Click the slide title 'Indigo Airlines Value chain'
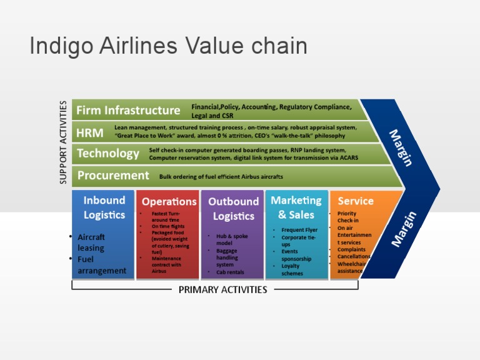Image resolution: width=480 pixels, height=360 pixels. point(169,46)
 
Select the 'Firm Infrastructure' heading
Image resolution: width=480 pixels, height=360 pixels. point(128,111)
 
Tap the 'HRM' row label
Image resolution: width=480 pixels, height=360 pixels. point(90,132)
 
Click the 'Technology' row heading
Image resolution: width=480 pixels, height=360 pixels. point(108,154)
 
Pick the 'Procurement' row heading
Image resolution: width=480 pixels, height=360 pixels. point(113,176)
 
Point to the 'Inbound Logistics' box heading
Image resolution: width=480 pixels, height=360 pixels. point(104,207)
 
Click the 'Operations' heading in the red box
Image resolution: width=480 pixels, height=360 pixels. point(169,201)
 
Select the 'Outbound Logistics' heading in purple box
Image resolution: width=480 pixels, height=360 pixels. point(233,209)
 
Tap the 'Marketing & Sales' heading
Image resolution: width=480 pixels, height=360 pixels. point(296,207)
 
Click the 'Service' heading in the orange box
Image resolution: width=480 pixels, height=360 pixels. point(356,201)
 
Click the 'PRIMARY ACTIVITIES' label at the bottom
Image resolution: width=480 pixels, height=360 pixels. point(222,289)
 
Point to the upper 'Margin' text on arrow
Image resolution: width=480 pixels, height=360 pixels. point(401,147)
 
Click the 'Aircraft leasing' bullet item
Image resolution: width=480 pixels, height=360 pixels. point(91,242)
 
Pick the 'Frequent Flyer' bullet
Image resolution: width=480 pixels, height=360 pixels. point(299,230)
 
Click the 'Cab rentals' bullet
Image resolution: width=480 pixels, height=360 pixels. point(231,272)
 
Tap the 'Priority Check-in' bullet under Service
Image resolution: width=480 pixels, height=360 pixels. point(348,217)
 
